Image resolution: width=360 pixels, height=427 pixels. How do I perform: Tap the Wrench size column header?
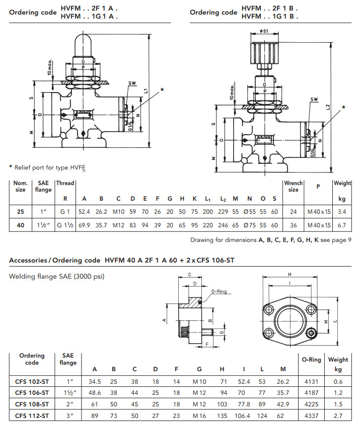[294, 187]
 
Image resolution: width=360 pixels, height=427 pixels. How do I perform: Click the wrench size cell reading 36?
[294, 225]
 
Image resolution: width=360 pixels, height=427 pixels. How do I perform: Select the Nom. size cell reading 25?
[21, 212]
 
